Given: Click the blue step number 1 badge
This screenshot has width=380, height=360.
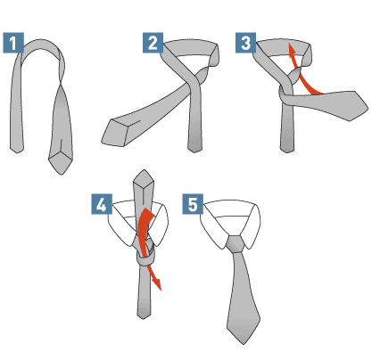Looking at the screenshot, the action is pos(13,43).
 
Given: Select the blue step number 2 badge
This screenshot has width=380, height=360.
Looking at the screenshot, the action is pos(153,43).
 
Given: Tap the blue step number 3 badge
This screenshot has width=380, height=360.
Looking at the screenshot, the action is pos(245,43).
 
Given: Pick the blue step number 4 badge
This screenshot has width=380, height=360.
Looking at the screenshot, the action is pos(102,204).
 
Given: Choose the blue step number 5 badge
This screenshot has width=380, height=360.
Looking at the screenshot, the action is pos(193,204).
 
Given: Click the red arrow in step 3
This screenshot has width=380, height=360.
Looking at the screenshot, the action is pos(301,74).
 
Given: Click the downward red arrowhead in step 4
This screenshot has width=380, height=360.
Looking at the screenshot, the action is pos(157,283).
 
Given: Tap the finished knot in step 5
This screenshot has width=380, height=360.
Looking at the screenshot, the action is pos(235,244).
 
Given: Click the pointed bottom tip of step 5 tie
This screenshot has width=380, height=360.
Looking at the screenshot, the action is pos(244,344).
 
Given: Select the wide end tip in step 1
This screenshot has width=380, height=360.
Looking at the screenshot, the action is pos(62,175).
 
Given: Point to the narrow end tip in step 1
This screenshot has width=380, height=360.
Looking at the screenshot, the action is pos(17,153).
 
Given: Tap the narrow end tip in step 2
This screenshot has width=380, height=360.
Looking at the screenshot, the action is pos(194,152).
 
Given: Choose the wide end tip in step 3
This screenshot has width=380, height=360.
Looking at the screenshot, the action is pos(368,109).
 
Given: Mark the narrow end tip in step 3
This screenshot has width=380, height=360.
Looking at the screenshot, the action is pos(287,152).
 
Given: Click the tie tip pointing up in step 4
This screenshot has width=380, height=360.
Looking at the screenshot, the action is pos(145,170).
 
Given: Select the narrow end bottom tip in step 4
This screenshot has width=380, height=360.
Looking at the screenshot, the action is pos(144,319).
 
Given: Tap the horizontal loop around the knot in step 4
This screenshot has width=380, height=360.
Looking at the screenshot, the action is pos(145,260).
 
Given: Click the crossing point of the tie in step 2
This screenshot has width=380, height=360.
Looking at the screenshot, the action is pos(194,82).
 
